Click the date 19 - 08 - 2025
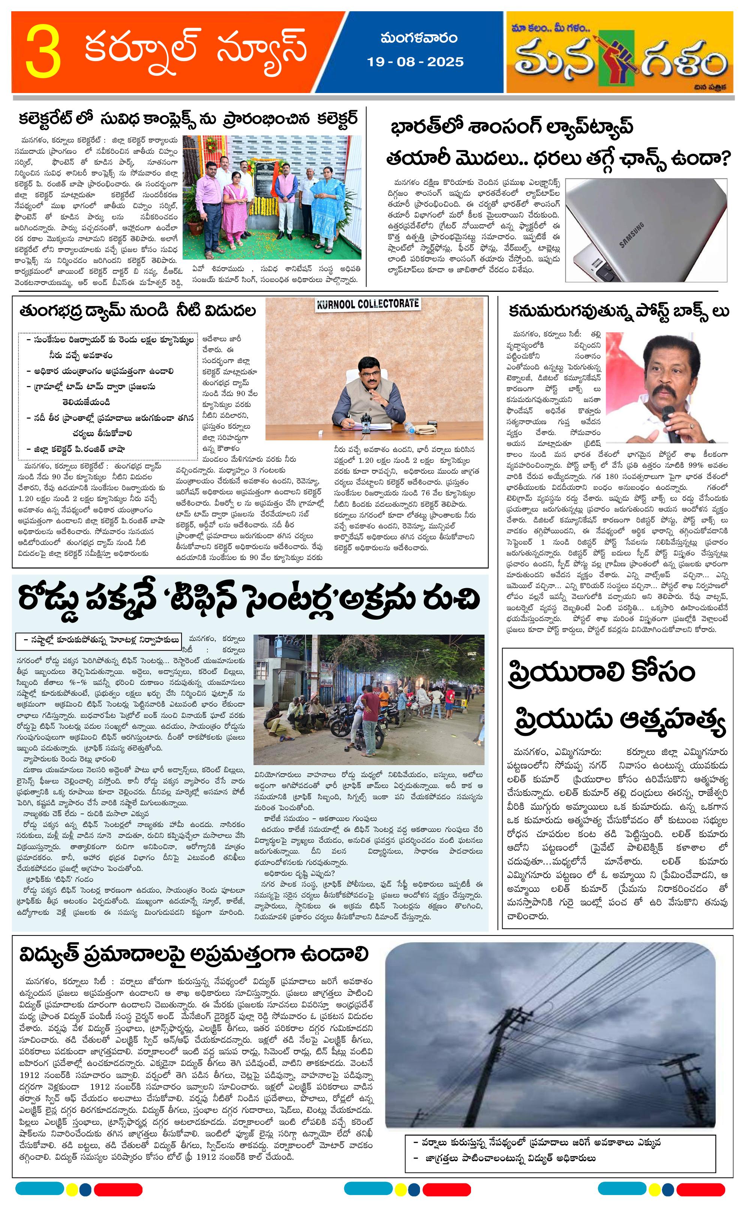click(415, 62)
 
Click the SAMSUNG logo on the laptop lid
click(631, 236)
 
